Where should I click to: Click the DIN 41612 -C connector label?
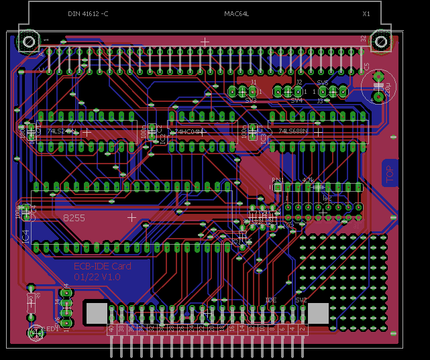click(x=87, y=14)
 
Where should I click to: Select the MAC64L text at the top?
click(x=236, y=14)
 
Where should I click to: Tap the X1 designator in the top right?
click(x=366, y=14)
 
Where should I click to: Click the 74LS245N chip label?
click(x=61, y=132)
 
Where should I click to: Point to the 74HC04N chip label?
click(x=189, y=132)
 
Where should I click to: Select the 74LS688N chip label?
click(x=292, y=131)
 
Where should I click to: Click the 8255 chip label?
click(x=74, y=218)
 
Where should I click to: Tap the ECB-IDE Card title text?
click(x=102, y=266)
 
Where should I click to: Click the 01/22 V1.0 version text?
click(x=97, y=276)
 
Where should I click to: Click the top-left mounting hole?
click(x=30, y=42)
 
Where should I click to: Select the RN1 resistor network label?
click(x=277, y=180)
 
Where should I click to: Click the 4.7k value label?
click(x=309, y=180)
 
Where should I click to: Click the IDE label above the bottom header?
click(x=270, y=300)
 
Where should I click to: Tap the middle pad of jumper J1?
click(x=243, y=91)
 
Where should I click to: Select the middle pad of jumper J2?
click(x=288, y=91)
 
